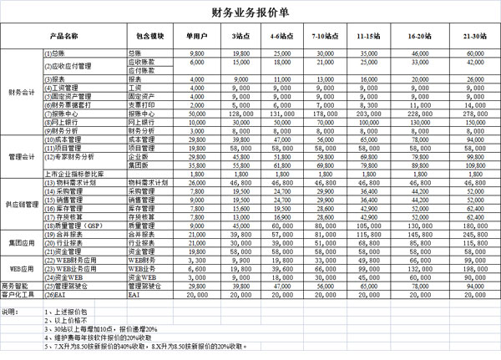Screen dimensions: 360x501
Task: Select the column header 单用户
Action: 197,36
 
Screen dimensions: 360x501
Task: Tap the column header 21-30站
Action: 475,36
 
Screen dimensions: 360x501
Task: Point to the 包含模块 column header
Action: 149,36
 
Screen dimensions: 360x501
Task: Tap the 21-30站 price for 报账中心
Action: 475,114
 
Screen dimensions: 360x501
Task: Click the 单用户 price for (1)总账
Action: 197,53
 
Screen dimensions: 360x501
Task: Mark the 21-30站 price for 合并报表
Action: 475,236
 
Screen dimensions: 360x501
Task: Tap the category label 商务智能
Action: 21,286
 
